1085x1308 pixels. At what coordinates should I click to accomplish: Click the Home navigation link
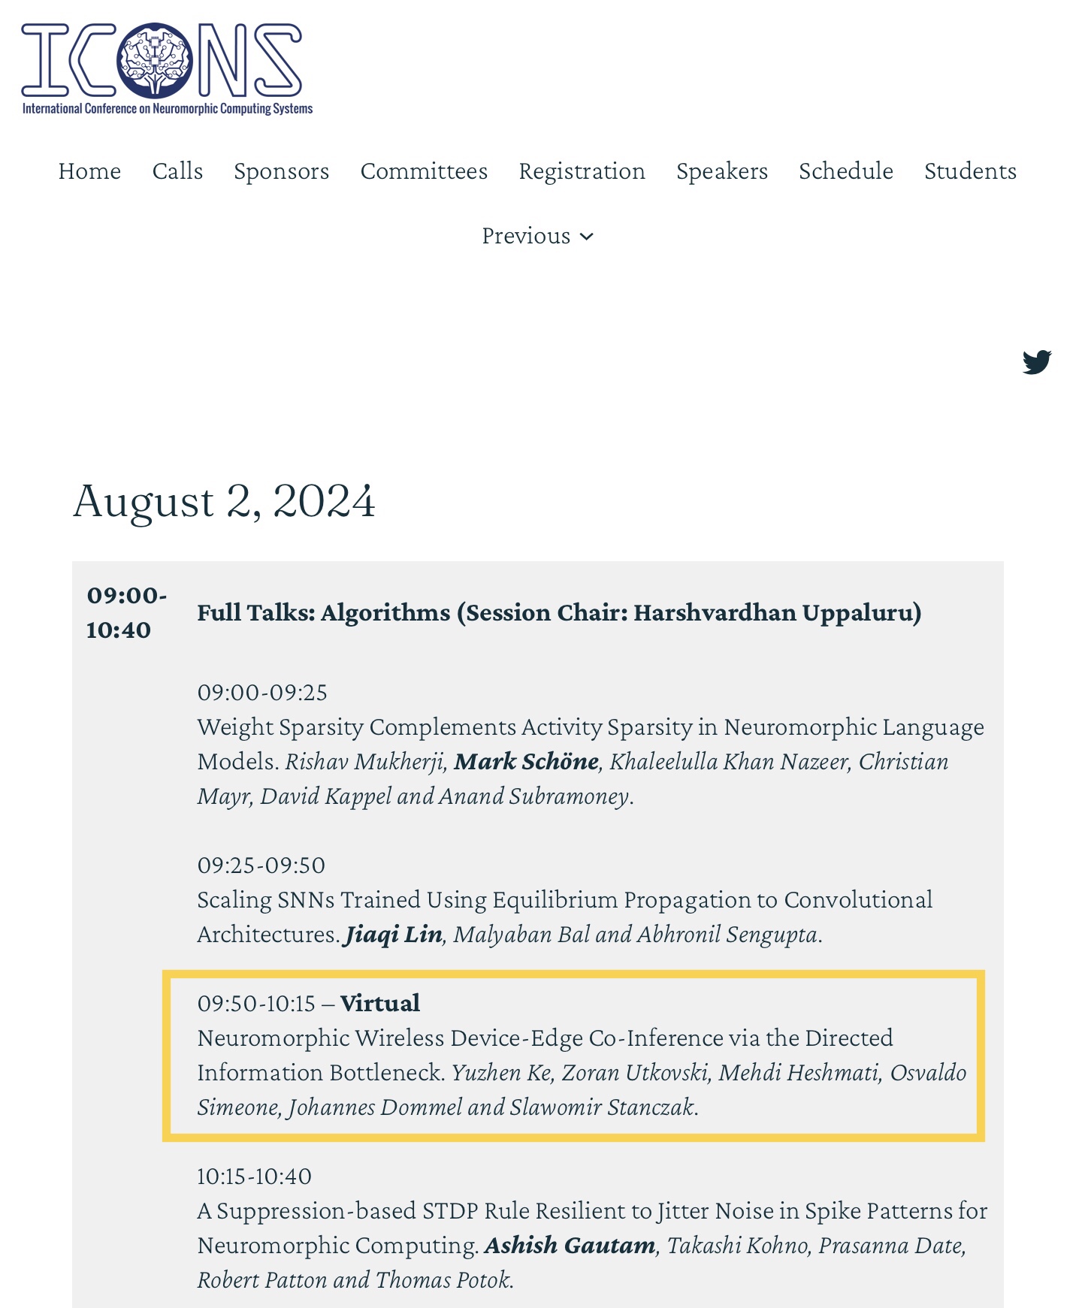pos(89,171)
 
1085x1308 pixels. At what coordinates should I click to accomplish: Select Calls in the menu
pos(177,171)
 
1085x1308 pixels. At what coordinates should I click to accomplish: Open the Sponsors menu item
pos(281,171)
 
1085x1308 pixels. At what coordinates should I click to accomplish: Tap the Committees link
pos(424,171)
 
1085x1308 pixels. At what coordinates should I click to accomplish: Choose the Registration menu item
pos(582,171)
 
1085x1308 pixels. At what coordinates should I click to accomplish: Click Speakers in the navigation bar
pos(721,171)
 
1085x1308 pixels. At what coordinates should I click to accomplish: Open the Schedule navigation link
pos(845,171)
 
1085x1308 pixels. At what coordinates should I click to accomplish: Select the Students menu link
pos(970,171)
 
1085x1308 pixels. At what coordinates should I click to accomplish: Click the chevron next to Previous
pos(588,237)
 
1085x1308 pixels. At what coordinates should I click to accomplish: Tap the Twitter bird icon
pos(1036,361)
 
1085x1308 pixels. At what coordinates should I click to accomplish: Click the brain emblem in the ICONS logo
pos(155,60)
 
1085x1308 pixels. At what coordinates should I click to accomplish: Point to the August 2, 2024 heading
pos(224,501)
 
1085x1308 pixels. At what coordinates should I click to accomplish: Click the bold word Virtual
pos(379,1004)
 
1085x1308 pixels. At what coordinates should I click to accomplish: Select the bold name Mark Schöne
pos(526,762)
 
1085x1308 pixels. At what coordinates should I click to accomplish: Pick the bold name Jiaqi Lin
pos(393,935)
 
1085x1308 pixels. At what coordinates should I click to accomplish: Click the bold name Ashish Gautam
pos(570,1246)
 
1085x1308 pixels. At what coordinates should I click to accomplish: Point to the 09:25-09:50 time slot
pos(261,865)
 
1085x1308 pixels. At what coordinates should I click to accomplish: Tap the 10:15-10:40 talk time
pos(254,1177)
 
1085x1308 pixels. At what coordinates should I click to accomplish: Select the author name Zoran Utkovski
pos(635,1073)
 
